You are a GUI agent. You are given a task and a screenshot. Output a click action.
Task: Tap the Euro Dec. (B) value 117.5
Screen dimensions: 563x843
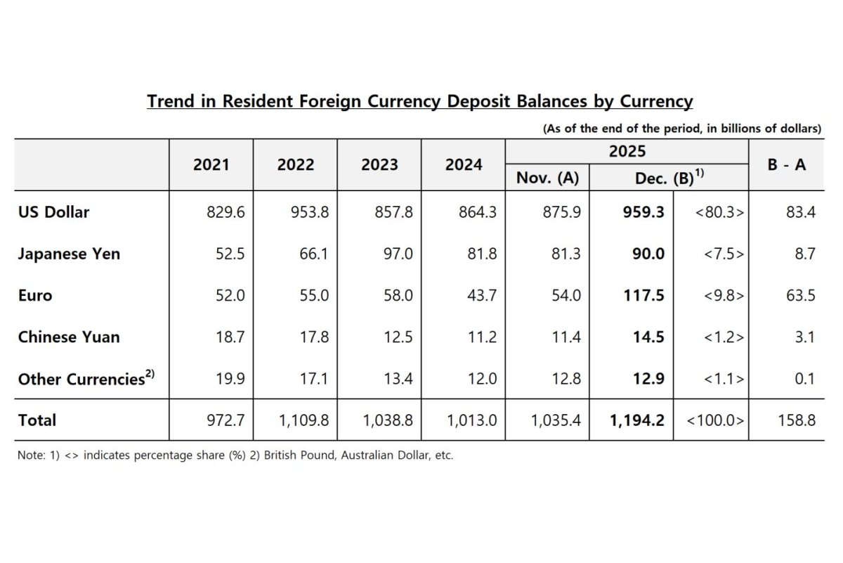[x=644, y=295]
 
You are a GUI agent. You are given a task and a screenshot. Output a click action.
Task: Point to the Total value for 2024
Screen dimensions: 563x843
[x=471, y=420]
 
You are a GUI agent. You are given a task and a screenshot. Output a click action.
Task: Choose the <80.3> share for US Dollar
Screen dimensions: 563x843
[x=719, y=212]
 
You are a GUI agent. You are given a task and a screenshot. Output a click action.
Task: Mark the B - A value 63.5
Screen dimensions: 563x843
[x=800, y=295]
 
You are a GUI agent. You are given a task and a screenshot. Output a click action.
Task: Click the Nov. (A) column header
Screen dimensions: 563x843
[x=547, y=178]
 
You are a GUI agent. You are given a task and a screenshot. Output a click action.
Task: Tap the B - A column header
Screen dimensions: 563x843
[x=786, y=165]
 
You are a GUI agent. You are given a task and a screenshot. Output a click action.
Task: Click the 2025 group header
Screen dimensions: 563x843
[x=627, y=151]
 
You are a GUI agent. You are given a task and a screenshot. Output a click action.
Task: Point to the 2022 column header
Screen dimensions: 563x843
[x=296, y=165]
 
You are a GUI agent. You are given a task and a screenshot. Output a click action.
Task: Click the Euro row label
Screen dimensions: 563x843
[x=35, y=295]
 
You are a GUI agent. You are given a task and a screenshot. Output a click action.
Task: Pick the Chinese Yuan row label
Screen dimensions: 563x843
[x=69, y=337]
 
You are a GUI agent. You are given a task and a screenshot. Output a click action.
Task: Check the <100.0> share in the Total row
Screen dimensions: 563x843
[x=715, y=420]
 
